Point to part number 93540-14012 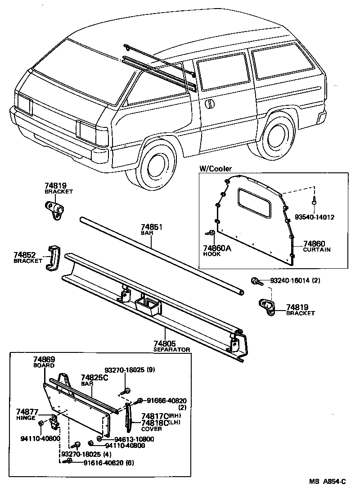(x=315, y=217)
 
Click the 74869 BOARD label (x=44, y=362)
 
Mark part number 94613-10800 (x=134, y=439)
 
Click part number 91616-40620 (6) (x=108, y=463)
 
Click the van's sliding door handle (x=209, y=104)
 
